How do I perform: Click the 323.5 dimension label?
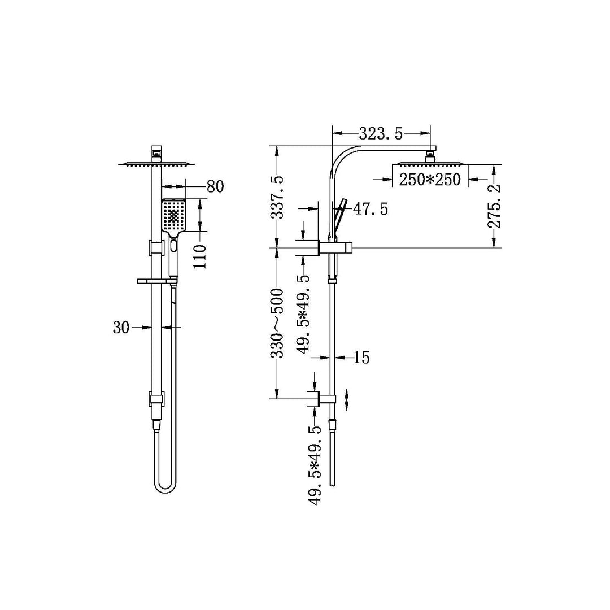click(381, 134)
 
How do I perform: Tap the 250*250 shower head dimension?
click(430, 180)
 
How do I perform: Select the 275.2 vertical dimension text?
click(494, 207)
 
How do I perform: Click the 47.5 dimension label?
click(371, 210)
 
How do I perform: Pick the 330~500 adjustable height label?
click(277, 323)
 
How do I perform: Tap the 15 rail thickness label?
click(362, 357)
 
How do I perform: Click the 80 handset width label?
click(215, 186)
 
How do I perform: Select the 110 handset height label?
click(200, 256)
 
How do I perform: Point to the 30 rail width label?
click(121, 328)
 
